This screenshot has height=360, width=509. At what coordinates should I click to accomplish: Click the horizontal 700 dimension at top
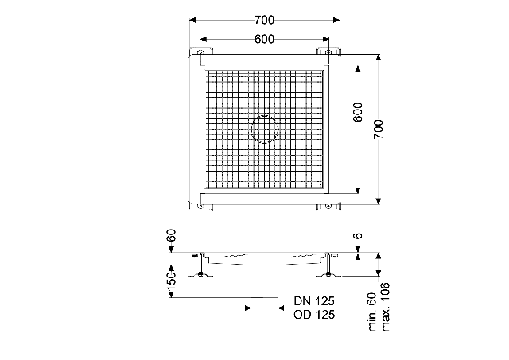coord(264,20)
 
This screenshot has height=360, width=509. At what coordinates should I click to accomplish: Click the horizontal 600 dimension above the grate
coord(264,39)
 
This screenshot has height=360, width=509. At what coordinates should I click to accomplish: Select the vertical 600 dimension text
coord(357,112)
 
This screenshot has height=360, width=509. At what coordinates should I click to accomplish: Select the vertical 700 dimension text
coord(378,129)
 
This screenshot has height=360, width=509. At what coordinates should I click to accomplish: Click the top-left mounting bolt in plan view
coord(200,52)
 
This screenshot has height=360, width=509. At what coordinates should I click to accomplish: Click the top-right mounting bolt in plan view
coord(328,52)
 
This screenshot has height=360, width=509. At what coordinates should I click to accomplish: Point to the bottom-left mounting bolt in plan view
coord(200,206)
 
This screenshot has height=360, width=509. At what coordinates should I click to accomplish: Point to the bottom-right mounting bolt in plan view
coord(328,206)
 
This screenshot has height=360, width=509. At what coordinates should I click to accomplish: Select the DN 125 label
coord(314,301)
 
